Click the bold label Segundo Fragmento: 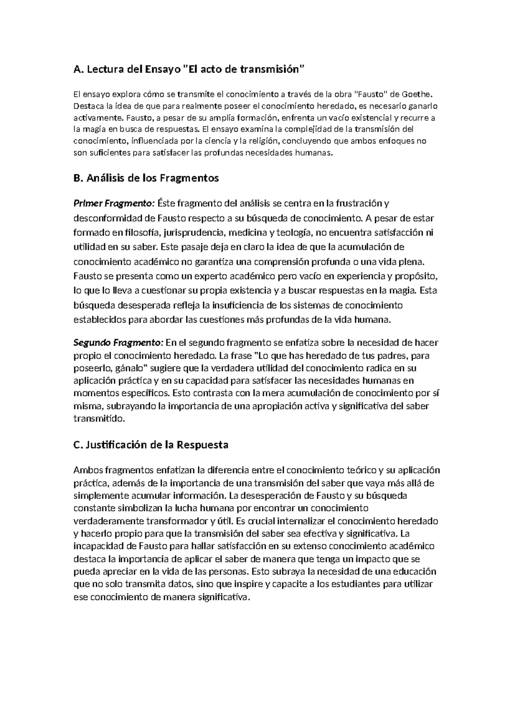pyautogui.click(x=118, y=342)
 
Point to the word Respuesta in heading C pyautogui.click(x=202, y=445)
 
